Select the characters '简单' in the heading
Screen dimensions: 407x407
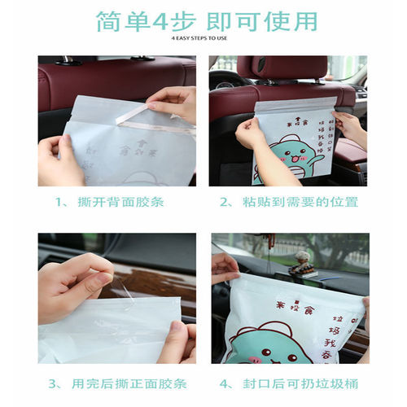(x=121, y=20)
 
